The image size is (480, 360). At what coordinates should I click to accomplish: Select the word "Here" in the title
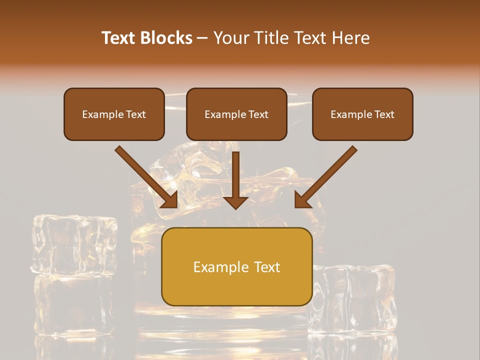[350, 38]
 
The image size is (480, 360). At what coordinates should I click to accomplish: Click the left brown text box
[114, 114]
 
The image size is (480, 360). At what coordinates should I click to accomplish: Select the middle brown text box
[236, 114]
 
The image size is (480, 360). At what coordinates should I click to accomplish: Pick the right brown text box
[362, 114]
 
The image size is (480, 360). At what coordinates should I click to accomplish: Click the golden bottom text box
[236, 266]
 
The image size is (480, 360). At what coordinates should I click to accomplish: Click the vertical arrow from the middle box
[235, 175]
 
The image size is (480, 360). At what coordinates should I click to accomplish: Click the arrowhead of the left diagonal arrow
[170, 200]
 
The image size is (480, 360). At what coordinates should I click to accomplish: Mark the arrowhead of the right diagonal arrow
[303, 200]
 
